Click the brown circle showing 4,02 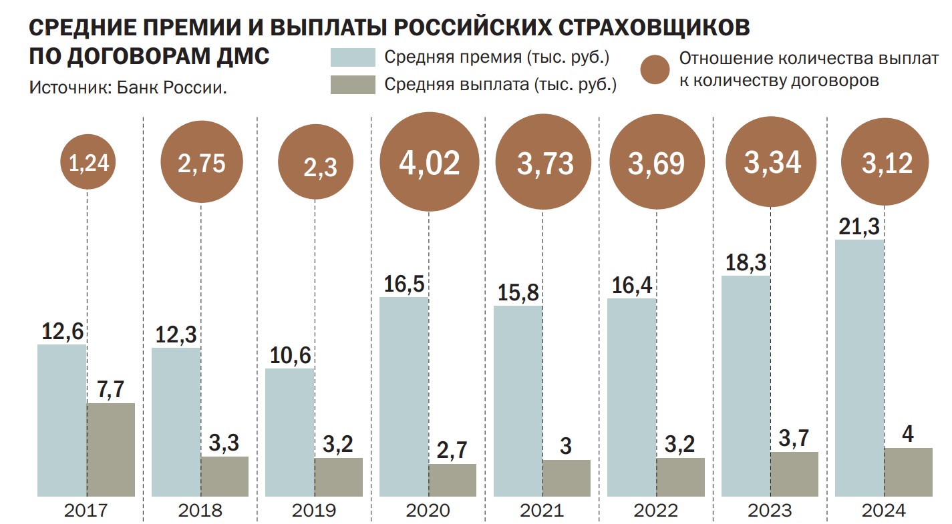pyautogui.click(x=429, y=164)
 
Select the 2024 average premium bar pyautogui.click(x=860, y=368)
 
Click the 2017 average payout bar pyautogui.click(x=111, y=449)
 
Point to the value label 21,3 pyautogui.click(x=860, y=228)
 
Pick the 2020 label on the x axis pyautogui.click(x=428, y=512)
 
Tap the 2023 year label pyautogui.click(x=770, y=512)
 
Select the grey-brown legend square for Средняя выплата pyautogui.click(x=353, y=85)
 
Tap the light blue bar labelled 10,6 pyautogui.click(x=289, y=432)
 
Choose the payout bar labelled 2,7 pyautogui.click(x=452, y=480)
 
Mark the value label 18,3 pyautogui.click(x=746, y=263)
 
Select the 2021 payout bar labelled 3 pyautogui.click(x=567, y=478)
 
